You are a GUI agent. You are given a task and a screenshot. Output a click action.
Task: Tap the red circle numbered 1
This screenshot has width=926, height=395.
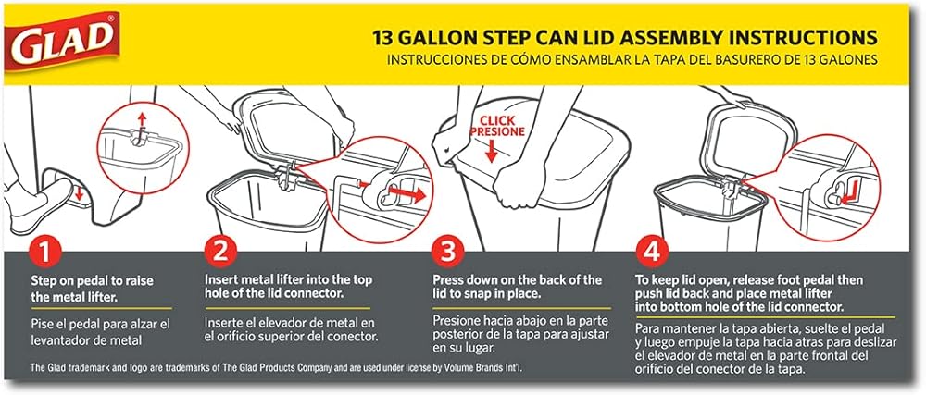pos(46,253)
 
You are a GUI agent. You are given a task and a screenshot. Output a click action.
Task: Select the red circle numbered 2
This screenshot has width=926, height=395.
pos(220,253)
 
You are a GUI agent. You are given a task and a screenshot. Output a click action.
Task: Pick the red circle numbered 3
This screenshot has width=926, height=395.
pos(448,253)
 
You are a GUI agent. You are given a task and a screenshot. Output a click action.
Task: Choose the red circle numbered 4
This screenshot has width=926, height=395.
pos(652,253)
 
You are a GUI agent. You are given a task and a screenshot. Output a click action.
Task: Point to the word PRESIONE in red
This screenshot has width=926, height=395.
pos(497,132)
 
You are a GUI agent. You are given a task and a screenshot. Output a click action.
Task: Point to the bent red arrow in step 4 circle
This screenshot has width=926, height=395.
pos(849,194)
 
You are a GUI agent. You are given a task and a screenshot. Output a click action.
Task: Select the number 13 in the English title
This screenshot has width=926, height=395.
pos(382,38)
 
